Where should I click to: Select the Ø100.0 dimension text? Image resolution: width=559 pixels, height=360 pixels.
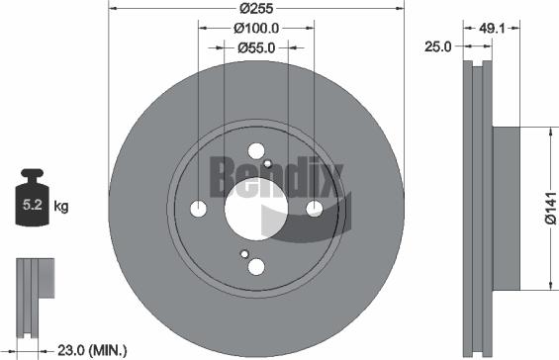pos(255,28)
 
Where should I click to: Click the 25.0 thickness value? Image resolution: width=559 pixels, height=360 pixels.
pos(436,46)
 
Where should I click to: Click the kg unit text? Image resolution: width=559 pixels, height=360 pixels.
pos(61,207)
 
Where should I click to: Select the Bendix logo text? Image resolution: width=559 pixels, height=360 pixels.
pos(274,179)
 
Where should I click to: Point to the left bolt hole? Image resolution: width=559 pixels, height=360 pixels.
pos(198,209)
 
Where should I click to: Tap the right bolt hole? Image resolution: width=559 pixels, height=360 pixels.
pos(315,208)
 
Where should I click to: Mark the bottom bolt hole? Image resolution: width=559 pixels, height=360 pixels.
pos(256,266)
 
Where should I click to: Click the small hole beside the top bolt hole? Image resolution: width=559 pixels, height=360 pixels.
pos(268,162)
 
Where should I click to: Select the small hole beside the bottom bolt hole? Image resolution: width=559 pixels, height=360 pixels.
pos(244,254)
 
